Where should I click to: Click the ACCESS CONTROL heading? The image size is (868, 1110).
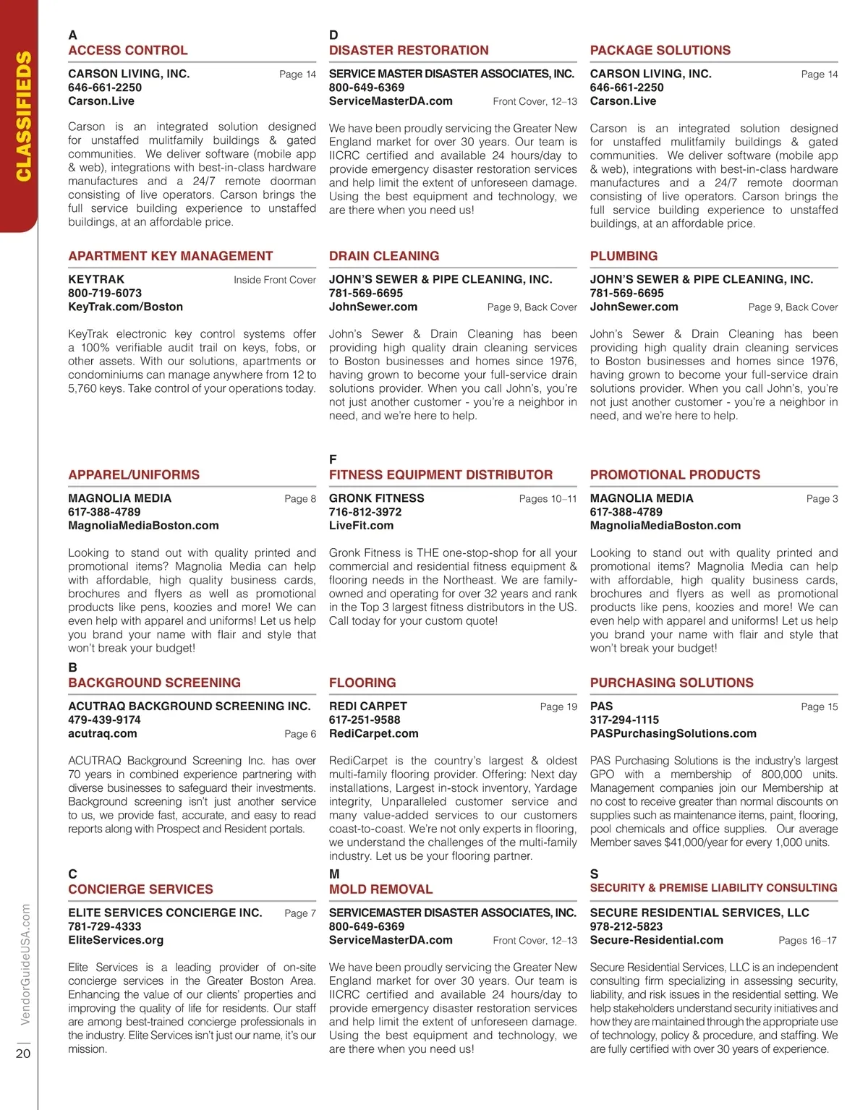click(x=128, y=50)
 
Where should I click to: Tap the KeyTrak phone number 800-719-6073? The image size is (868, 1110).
click(x=105, y=293)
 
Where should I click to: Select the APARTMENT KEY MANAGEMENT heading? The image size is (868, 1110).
click(x=171, y=256)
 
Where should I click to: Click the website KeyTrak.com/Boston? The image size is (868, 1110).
click(x=126, y=307)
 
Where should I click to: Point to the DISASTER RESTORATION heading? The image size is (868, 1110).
click(x=409, y=50)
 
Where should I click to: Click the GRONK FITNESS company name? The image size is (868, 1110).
click(x=377, y=498)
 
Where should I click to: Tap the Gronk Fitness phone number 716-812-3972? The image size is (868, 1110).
click(x=365, y=512)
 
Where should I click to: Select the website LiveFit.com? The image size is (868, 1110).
click(x=361, y=526)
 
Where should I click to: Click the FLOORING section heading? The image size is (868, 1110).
click(x=362, y=683)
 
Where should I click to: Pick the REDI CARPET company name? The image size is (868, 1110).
click(x=368, y=706)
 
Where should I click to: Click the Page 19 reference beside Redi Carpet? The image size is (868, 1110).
click(x=558, y=706)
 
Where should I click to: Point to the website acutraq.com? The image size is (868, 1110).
click(x=103, y=734)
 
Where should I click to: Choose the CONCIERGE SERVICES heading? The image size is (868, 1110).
click(x=141, y=889)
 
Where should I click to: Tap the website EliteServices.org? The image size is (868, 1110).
click(x=116, y=940)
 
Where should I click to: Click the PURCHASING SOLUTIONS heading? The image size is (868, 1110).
click(x=672, y=683)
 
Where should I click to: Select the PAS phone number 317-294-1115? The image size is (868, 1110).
click(x=624, y=720)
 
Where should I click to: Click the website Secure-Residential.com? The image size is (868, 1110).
click(x=657, y=940)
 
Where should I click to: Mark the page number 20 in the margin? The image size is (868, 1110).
click(x=23, y=1054)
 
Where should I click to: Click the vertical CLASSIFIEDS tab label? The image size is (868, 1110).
click(x=23, y=116)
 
